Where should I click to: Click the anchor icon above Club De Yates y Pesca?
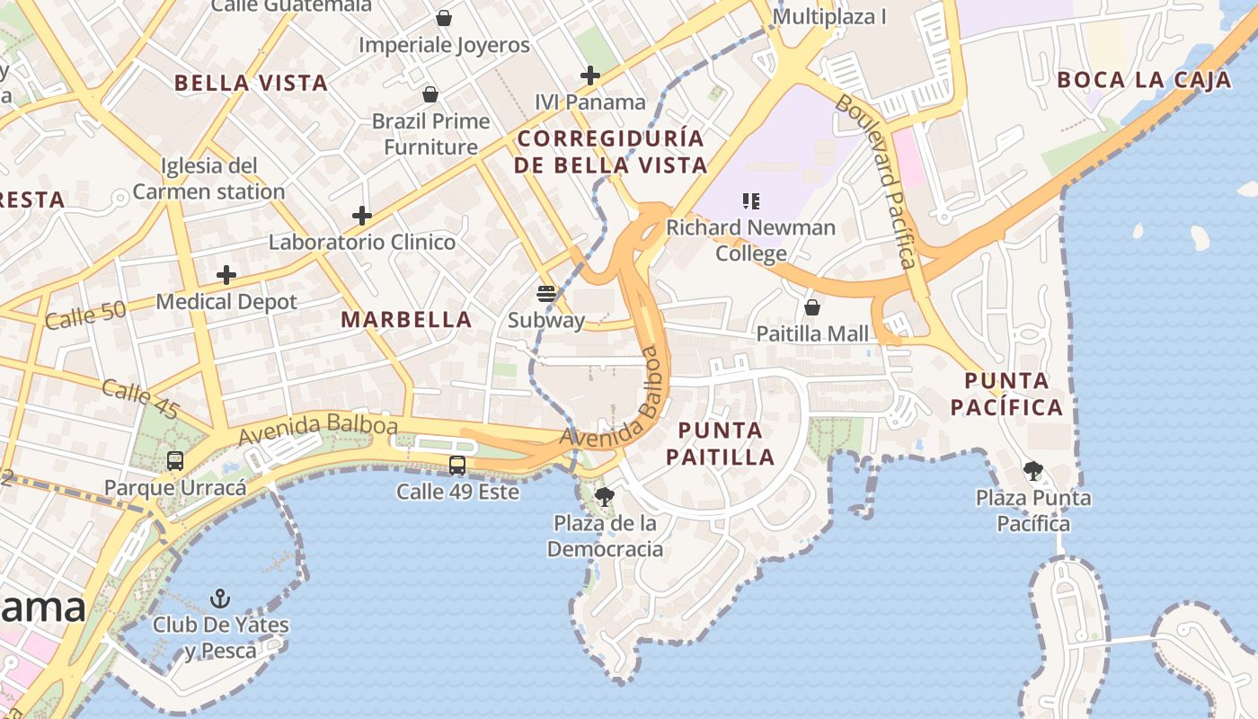pos(220,599)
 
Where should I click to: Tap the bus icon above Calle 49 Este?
pos(457,466)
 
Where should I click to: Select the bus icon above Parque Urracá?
pos(175,461)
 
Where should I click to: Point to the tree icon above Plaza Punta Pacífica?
pos(1033,470)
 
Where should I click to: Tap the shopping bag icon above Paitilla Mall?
pos(812,307)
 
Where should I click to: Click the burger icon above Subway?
pos(546,293)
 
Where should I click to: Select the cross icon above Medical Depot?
pos(226,275)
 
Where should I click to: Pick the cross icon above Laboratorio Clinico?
pos(362,216)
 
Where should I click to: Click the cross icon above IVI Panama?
pos(590,75)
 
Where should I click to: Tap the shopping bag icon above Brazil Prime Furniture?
pos(430,94)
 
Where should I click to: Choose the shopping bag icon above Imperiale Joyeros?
pos(444,18)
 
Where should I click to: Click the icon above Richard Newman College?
pos(751,201)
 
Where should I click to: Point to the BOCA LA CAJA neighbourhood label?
pos(1144,80)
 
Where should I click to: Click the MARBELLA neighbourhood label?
pos(406,320)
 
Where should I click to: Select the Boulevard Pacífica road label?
pos(877,180)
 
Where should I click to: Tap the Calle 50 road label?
pos(85,315)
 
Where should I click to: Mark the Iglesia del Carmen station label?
pos(209,178)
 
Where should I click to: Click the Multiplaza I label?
pos(829,17)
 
